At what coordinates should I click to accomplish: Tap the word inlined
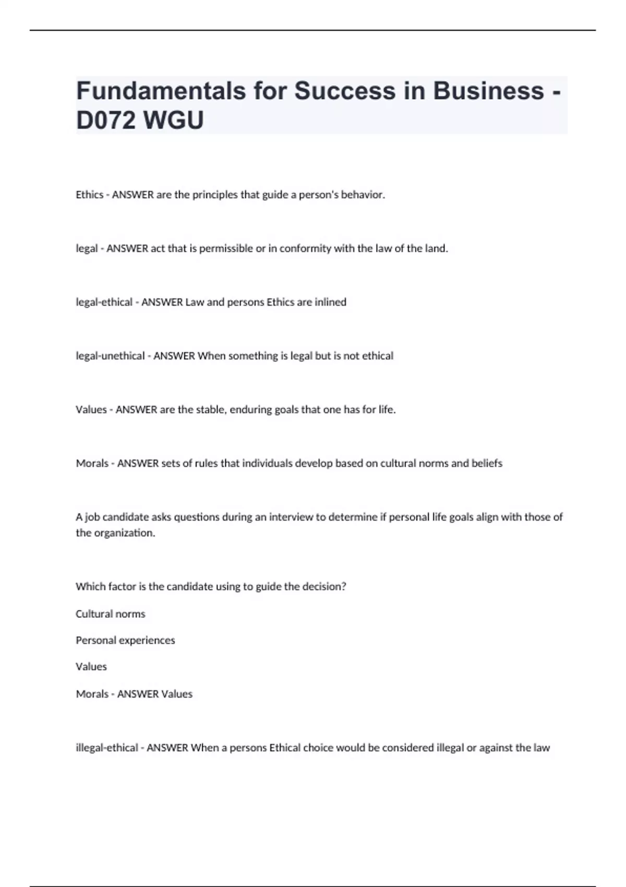pyautogui.click(x=330, y=302)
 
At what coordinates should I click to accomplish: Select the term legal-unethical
pyautogui.click(x=110, y=356)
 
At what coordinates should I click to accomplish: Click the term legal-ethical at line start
pyautogui.click(x=104, y=302)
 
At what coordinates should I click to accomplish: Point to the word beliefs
pyautogui.click(x=487, y=463)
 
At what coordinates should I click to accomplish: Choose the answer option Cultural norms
pyautogui.click(x=110, y=614)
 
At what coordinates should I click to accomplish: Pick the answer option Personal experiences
pyautogui.click(x=125, y=640)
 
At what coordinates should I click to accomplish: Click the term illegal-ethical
pyautogui.click(x=107, y=748)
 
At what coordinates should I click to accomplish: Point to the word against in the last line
pyautogui.click(x=497, y=748)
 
